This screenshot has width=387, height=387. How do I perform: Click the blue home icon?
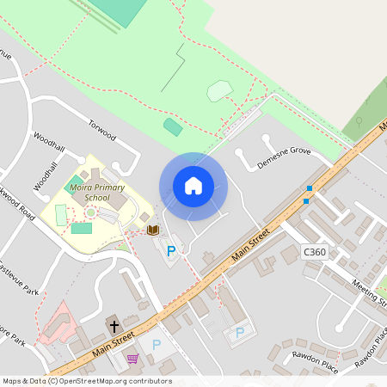click(x=193, y=186)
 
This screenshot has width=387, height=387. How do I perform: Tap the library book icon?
click(x=153, y=230)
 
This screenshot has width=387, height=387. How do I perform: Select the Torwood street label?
click(x=101, y=129)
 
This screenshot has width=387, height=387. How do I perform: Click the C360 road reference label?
click(x=315, y=252)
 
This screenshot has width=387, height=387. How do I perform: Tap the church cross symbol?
click(x=113, y=326)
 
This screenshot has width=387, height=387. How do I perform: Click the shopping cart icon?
click(x=132, y=359)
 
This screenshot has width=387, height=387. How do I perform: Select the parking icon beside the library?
click(x=171, y=251)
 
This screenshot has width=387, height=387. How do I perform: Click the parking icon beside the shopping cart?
click(x=156, y=345)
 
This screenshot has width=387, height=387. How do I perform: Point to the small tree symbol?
click(x=360, y=120)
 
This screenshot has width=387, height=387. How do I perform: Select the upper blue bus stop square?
click(x=310, y=188)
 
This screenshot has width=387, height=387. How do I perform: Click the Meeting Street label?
click(x=370, y=293)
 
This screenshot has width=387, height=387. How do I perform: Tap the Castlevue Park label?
click(x=19, y=274)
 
